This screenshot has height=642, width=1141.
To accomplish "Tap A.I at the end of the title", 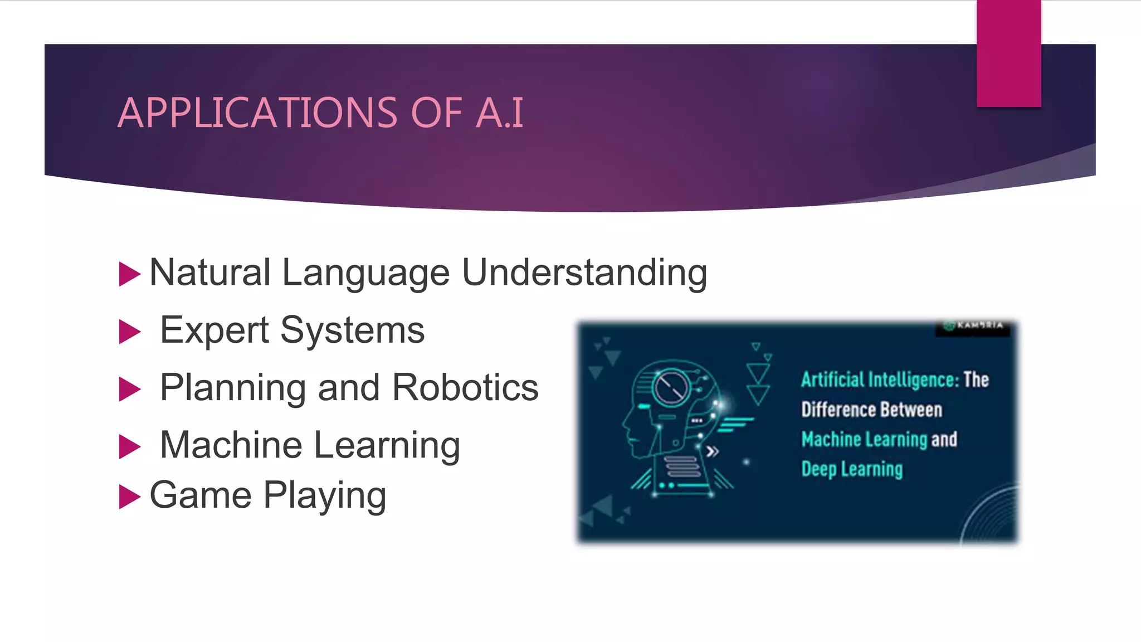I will (x=500, y=113).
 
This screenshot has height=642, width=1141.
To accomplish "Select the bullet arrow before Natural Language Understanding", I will (x=129, y=274).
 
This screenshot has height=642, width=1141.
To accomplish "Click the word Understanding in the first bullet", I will (x=584, y=273).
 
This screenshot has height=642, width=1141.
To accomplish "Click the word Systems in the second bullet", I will (x=352, y=332).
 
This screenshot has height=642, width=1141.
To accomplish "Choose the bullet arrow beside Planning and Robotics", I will (x=129, y=389).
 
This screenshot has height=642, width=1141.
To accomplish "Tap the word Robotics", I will (x=465, y=387).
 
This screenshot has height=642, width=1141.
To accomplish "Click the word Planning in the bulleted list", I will (x=233, y=388).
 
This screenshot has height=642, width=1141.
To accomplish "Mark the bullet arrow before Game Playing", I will (x=129, y=497).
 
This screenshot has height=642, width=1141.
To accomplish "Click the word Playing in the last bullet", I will (x=325, y=496).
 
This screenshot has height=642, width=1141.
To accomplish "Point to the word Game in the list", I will (x=201, y=495).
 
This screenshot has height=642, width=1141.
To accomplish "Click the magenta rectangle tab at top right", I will (x=1008, y=53).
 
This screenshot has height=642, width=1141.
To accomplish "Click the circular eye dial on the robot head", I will (x=671, y=387).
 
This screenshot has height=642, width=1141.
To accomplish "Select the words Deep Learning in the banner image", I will (x=851, y=469).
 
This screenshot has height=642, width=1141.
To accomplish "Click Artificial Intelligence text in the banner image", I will (x=880, y=380).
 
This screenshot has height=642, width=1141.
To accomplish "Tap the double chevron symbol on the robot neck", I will (x=712, y=451).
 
